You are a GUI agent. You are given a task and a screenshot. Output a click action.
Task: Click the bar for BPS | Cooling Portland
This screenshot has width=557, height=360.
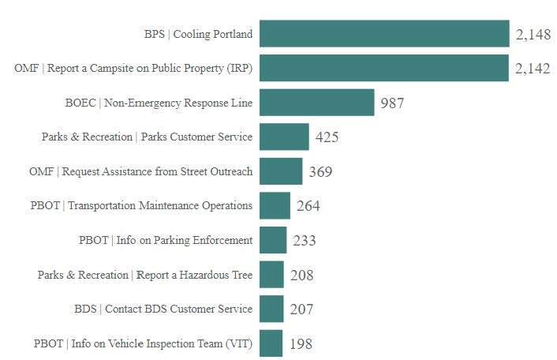[x=384, y=34]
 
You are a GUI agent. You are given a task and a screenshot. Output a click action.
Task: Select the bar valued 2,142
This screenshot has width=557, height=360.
[x=383, y=68]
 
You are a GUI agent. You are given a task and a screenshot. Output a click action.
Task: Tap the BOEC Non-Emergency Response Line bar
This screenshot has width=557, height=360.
[x=316, y=103]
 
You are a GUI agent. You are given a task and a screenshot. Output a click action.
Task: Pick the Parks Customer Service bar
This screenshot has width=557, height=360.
[x=284, y=137]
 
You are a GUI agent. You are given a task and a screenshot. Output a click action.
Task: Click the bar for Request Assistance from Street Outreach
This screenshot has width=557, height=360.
[x=281, y=171]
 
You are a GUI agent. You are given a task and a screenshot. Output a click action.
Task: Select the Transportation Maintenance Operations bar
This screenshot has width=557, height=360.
[x=275, y=205]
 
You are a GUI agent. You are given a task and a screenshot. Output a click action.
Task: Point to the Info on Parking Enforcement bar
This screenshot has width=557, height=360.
[x=273, y=240]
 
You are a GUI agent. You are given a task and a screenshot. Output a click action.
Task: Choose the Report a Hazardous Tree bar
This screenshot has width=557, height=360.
[x=271, y=275]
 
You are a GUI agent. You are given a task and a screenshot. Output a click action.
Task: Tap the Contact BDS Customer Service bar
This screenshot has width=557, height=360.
[x=271, y=309]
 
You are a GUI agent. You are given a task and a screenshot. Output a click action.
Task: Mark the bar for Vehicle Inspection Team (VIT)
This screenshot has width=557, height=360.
[x=271, y=343]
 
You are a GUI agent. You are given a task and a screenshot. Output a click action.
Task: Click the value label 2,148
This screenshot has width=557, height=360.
[x=533, y=35]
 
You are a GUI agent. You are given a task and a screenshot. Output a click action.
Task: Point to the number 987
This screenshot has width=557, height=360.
[x=392, y=103]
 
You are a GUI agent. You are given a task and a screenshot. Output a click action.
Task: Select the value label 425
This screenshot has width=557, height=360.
[x=327, y=137]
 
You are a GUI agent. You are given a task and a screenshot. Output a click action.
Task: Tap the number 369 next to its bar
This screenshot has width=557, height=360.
[x=320, y=172]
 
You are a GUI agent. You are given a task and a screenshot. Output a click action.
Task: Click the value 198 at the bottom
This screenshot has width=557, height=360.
[x=301, y=344]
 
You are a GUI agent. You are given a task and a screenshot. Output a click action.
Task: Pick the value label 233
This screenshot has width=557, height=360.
[x=305, y=241]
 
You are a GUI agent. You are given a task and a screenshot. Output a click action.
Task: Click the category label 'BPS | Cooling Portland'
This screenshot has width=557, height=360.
[x=198, y=34]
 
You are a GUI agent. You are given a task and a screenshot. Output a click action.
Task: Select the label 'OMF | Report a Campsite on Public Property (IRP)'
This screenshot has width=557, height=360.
[x=133, y=69]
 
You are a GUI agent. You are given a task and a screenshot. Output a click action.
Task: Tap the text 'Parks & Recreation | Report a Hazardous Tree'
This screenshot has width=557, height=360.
[x=145, y=275]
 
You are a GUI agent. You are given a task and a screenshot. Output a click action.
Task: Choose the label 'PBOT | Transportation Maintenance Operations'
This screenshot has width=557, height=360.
[x=141, y=206]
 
